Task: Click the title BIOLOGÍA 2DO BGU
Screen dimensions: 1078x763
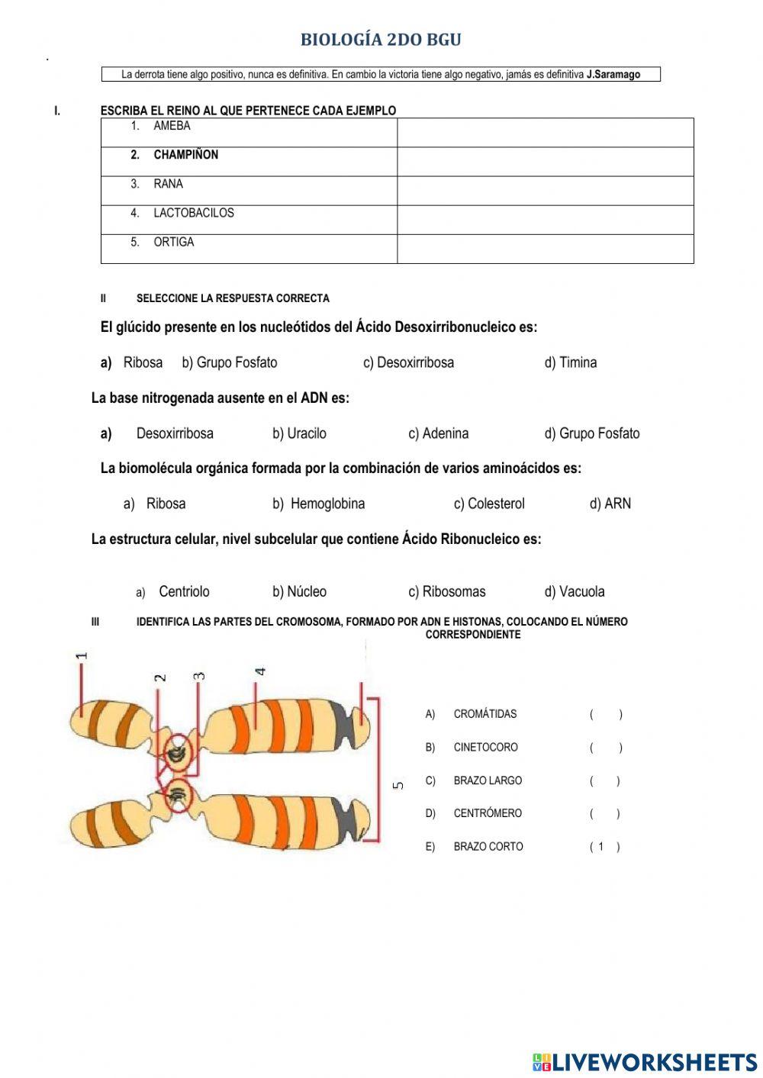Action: point(381,40)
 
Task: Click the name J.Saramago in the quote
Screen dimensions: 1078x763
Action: point(613,75)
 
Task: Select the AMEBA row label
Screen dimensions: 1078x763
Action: point(172,126)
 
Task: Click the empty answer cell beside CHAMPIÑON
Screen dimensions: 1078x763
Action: point(545,162)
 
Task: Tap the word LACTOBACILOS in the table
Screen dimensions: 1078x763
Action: point(193,213)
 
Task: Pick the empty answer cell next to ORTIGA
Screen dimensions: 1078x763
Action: point(545,249)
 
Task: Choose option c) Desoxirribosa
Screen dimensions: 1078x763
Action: point(408,362)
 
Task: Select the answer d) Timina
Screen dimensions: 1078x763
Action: point(570,362)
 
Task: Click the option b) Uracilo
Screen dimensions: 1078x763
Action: point(299,433)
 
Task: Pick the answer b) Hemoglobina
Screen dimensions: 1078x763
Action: point(318,504)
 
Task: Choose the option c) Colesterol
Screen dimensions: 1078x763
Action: point(489,504)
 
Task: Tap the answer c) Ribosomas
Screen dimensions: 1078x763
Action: point(446,591)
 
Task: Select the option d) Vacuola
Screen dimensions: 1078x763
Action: point(574,591)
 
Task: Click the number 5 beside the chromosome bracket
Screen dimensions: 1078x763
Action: point(398,785)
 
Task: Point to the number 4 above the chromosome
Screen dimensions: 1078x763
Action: point(260,671)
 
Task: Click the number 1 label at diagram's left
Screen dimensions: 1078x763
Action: point(82,655)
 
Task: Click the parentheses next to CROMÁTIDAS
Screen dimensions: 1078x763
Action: point(605,714)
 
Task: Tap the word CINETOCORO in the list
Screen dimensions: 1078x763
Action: point(485,747)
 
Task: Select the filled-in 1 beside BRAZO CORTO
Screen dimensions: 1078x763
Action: point(601,846)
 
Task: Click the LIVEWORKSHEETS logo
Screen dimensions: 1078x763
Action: point(645,1061)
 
